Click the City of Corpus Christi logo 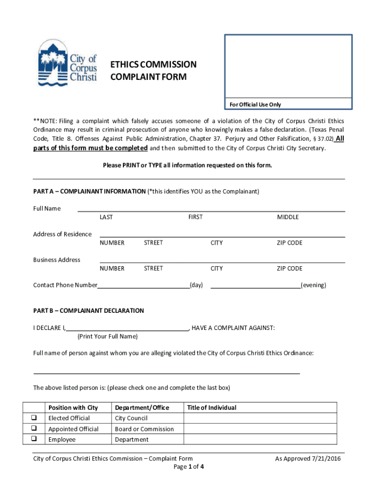click(x=68, y=63)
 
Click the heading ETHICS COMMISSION click(x=153, y=65)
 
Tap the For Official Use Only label click(x=255, y=104)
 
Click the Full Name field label click(x=47, y=208)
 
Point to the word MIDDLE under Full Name click(x=287, y=217)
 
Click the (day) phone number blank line click(x=143, y=285)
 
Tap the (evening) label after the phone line click(x=313, y=285)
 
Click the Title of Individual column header click(x=212, y=407)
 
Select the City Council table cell click(x=131, y=418)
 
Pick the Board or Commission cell click(x=144, y=429)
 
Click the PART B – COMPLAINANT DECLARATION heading click(x=88, y=310)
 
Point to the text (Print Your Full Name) click(x=107, y=336)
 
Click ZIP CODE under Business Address click(x=289, y=268)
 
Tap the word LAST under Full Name click(x=106, y=217)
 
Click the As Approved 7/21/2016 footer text click(x=307, y=459)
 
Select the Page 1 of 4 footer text click(x=188, y=467)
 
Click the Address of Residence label click(x=62, y=234)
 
